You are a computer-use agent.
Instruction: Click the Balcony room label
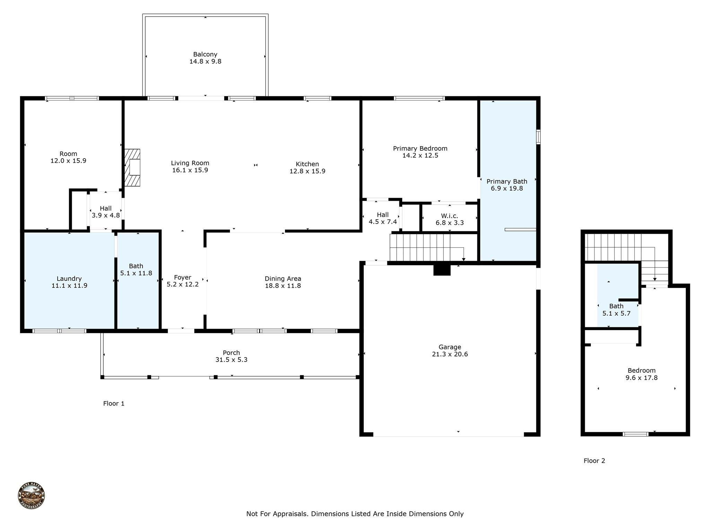click(205, 54)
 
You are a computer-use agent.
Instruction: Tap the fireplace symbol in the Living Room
click(133, 168)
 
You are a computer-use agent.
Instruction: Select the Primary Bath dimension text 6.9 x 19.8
click(506, 188)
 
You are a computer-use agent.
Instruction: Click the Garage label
click(450, 347)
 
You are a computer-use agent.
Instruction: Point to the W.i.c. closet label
click(449, 216)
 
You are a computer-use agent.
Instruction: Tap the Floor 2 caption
click(594, 461)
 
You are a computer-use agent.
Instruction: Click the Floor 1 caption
click(114, 404)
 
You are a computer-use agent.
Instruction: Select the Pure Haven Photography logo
click(31, 496)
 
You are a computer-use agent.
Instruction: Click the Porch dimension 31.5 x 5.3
click(231, 360)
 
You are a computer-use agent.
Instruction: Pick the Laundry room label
click(69, 279)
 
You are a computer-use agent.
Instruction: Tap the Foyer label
click(183, 277)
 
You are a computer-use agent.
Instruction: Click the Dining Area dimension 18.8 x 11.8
click(283, 286)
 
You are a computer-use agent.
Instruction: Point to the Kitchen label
click(307, 164)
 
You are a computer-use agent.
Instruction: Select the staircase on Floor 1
click(426, 247)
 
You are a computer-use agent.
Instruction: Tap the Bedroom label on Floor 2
click(641, 371)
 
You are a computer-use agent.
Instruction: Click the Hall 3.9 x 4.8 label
click(106, 212)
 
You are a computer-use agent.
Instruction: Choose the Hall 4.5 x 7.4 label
click(383, 218)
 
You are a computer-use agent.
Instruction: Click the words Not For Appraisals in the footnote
click(277, 514)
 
